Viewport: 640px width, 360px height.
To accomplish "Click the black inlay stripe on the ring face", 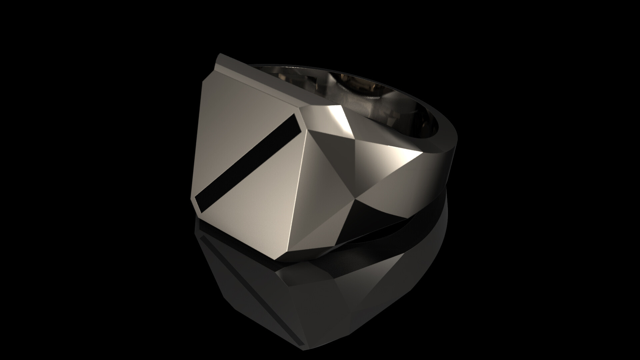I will click(x=247, y=163).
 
